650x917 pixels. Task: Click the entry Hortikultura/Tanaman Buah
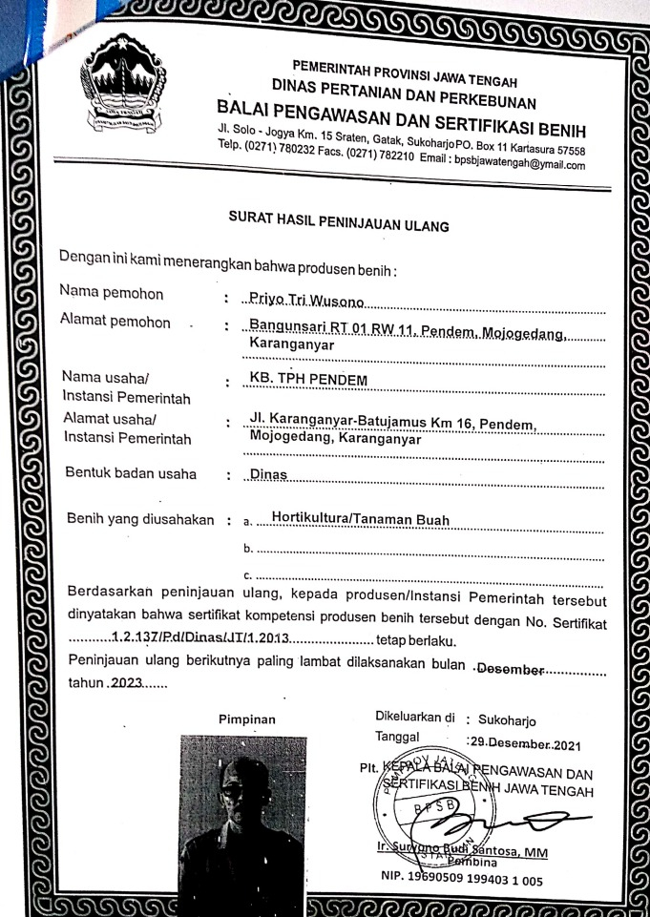tap(360, 520)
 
